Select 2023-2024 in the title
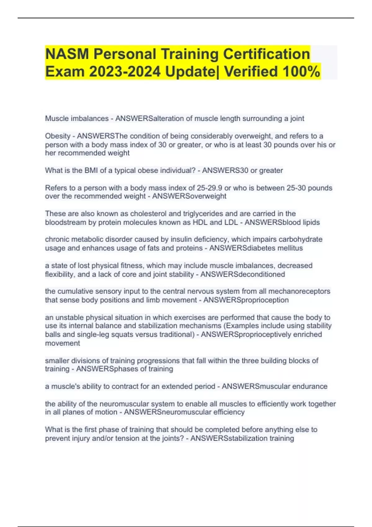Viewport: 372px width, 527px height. point(125,72)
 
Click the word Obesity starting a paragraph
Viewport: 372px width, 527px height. point(58,136)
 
